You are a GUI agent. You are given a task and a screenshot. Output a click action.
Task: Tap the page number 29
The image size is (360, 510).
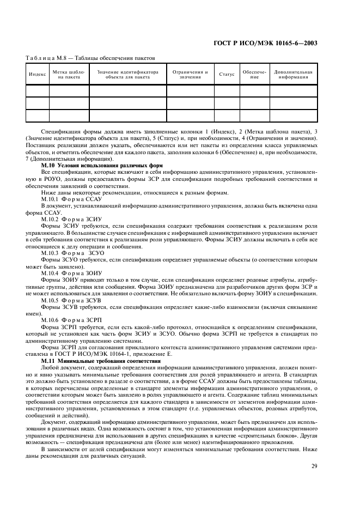click(314, 465)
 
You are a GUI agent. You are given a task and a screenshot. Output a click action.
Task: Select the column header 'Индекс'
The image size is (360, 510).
click(37, 74)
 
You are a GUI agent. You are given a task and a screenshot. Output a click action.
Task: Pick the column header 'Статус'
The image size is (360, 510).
click(227, 74)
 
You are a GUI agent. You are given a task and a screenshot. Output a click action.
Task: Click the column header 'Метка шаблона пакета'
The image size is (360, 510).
click(69, 74)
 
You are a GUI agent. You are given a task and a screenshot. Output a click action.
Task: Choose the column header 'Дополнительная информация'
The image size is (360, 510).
click(294, 74)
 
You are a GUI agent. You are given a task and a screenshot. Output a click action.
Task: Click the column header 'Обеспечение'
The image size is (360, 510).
click(254, 74)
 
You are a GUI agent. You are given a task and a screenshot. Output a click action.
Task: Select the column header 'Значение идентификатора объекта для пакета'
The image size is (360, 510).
click(127, 74)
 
